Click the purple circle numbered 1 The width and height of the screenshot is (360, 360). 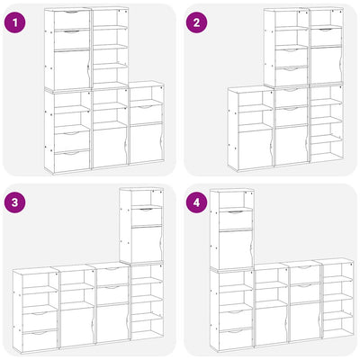15,22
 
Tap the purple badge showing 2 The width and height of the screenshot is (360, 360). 197,22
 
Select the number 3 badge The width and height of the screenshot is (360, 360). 15,202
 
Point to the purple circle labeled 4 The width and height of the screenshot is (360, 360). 197,202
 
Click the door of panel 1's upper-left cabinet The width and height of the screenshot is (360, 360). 72,69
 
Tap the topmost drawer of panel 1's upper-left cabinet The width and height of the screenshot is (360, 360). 72,20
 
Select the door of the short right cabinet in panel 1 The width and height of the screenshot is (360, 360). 147,143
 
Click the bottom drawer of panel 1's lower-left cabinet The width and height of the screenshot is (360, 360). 72,160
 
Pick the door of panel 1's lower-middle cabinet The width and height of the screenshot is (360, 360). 110,148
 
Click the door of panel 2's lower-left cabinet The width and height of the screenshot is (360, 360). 256,150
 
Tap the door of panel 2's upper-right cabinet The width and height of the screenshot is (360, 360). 327,65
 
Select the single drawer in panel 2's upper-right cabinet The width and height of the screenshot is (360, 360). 327,37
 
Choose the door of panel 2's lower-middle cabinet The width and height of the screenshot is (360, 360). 292,145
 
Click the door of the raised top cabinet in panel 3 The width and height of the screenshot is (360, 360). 147,244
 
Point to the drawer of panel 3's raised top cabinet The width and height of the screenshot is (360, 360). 147,216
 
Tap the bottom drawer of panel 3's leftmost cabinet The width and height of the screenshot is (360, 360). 40,340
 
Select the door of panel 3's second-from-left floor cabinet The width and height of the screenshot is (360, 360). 76,327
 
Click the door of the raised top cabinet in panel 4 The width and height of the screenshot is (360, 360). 236,248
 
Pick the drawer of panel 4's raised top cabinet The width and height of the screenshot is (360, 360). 236,220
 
